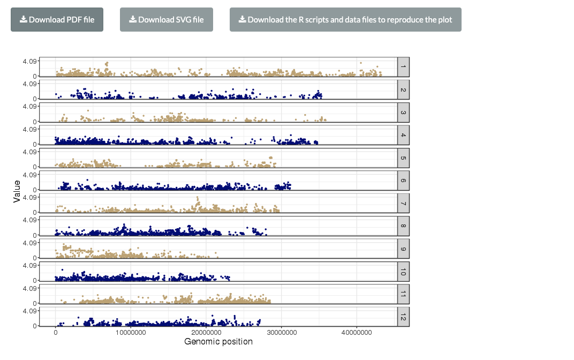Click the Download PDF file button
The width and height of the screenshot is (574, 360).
(x=57, y=20)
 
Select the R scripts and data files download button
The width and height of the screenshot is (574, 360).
(x=345, y=20)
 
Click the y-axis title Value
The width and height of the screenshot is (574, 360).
(x=17, y=191)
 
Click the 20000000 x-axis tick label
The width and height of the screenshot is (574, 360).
(x=206, y=333)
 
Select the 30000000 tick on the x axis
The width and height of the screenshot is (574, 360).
(x=282, y=333)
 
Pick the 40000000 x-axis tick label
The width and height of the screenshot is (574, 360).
(x=357, y=333)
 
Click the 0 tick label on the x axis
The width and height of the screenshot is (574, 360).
(x=56, y=333)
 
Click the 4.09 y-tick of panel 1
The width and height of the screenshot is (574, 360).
(x=29, y=62)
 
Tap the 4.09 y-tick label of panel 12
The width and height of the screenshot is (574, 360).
(x=29, y=311)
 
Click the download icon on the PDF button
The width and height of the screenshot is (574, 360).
(x=24, y=20)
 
